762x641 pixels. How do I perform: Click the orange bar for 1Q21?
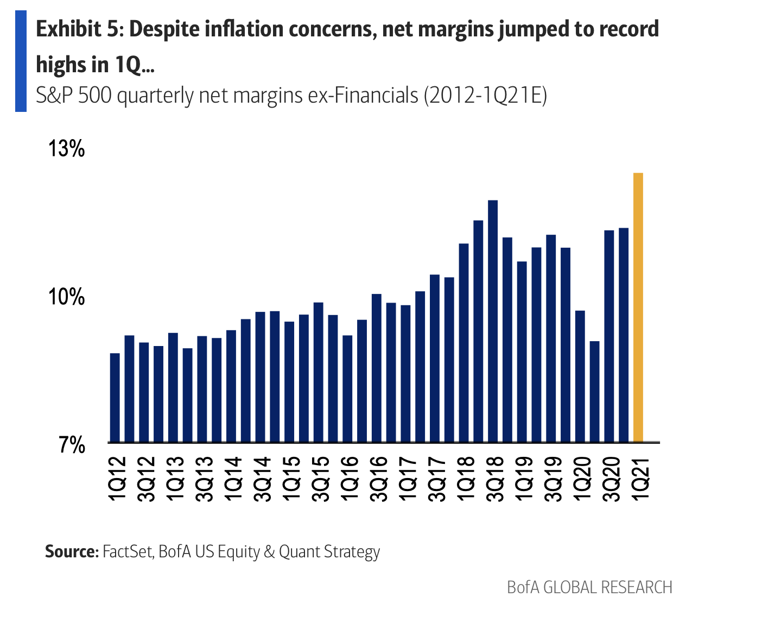point(638,307)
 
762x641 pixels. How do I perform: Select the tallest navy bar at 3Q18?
point(493,320)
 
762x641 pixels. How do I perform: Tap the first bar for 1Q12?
point(115,397)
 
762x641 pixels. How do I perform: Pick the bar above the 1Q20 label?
point(580,376)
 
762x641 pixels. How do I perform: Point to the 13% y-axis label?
point(67,149)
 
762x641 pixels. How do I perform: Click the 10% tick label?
point(67,297)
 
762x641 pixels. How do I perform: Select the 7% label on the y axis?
point(72,445)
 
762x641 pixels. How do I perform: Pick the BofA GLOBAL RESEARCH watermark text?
point(589,587)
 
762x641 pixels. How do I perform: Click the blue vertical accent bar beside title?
point(21,61)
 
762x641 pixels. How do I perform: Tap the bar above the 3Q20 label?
point(609,336)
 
